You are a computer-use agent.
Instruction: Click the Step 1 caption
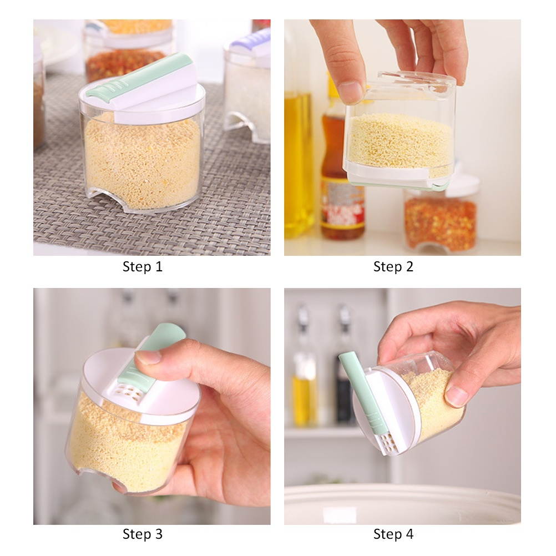[x=143, y=267]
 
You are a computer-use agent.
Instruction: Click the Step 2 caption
[x=393, y=267]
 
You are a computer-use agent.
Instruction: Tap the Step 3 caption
[x=143, y=534]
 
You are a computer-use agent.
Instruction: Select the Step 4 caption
[x=393, y=534]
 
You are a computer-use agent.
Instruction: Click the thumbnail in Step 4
[x=456, y=396]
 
